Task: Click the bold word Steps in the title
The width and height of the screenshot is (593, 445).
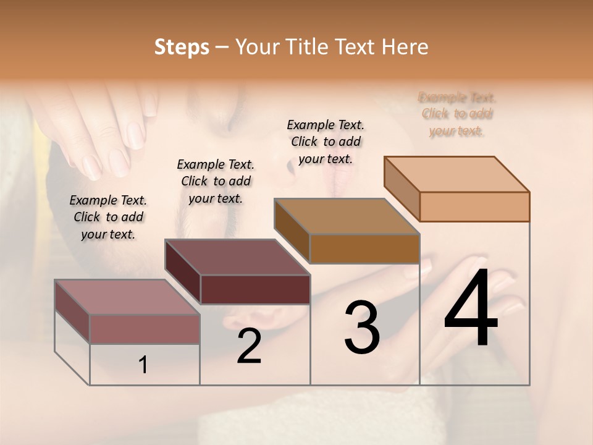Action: pyautogui.click(x=182, y=47)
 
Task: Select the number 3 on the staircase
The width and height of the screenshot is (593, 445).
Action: pyautogui.click(x=362, y=327)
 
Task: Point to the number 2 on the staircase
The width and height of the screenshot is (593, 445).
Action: pyautogui.click(x=249, y=346)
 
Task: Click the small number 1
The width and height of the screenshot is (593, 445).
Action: pyautogui.click(x=143, y=365)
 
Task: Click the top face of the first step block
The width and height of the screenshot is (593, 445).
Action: pyautogui.click(x=127, y=297)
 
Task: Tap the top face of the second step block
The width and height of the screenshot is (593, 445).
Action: pyautogui.click(x=237, y=257)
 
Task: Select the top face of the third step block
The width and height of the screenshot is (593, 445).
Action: pyautogui.click(x=347, y=216)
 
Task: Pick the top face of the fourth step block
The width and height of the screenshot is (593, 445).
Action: pyautogui.click(x=457, y=174)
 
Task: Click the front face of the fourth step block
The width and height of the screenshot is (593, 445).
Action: pyautogui.click(x=474, y=206)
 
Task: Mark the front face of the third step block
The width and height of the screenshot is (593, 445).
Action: pyautogui.click(x=364, y=248)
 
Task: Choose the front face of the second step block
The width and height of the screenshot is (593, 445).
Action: pyautogui.click(x=254, y=289)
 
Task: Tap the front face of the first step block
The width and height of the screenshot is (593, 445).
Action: pyautogui.click(x=145, y=329)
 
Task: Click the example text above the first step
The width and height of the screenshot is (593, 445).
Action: pyautogui.click(x=108, y=217)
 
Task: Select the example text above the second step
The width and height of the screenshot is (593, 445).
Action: pyautogui.click(x=216, y=181)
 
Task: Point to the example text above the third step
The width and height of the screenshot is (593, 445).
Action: pyautogui.click(x=326, y=142)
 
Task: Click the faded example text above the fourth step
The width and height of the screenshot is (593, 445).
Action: pyautogui.click(x=457, y=114)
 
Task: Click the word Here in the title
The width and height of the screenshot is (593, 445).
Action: pyautogui.click(x=405, y=47)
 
